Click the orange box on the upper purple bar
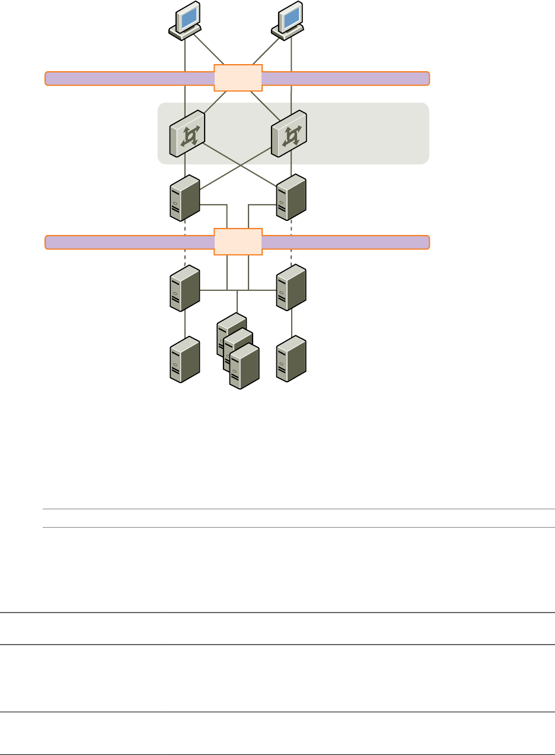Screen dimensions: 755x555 coord(238,78)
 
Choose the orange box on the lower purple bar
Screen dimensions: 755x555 coord(238,242)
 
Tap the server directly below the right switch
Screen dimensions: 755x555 coord(291,198)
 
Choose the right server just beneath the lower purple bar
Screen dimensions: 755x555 coord(291,289)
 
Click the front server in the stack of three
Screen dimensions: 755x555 coord(244,368)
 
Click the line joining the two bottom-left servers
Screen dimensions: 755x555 coord(185,324)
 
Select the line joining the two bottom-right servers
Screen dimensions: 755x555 coord(291,324)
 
